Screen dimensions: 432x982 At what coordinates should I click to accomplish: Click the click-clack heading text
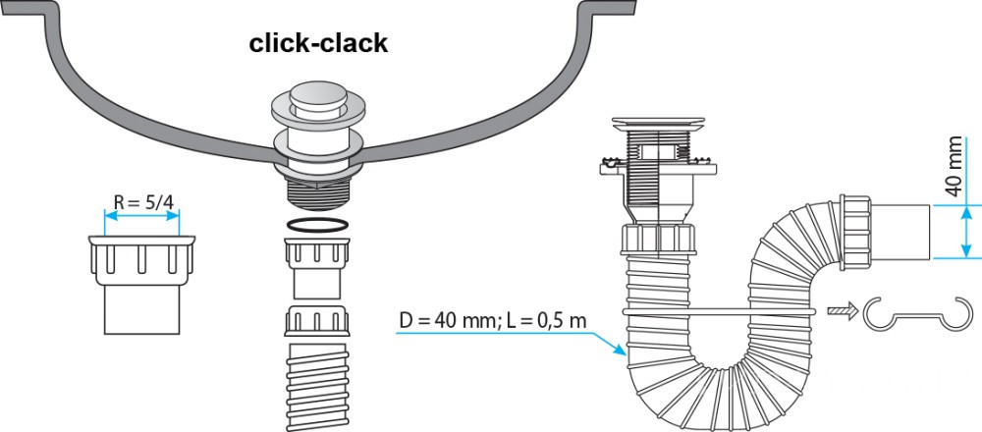click(x=318, y=43)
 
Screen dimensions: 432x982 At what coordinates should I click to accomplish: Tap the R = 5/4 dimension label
click(x=143, y=204)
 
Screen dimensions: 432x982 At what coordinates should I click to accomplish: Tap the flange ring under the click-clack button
click(x=317, y=142)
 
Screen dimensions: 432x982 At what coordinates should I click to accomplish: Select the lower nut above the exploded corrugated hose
click(x=317, y=323)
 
